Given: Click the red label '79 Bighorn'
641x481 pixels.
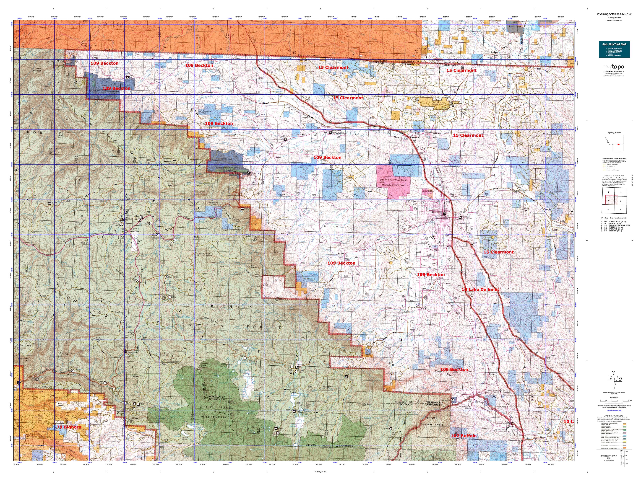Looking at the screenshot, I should tap(69, 427).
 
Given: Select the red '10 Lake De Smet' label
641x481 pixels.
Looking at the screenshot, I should tap(480, 289).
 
